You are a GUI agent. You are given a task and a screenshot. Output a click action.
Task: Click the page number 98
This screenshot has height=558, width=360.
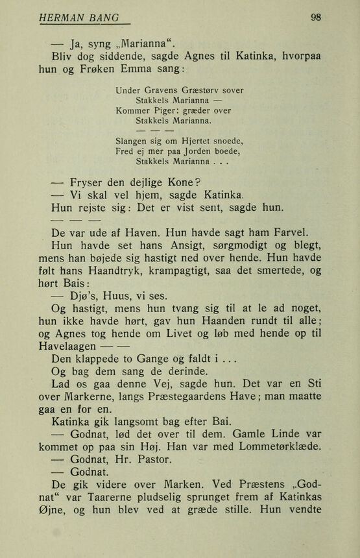316,18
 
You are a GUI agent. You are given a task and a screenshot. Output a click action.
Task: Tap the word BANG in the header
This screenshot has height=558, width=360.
106,18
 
